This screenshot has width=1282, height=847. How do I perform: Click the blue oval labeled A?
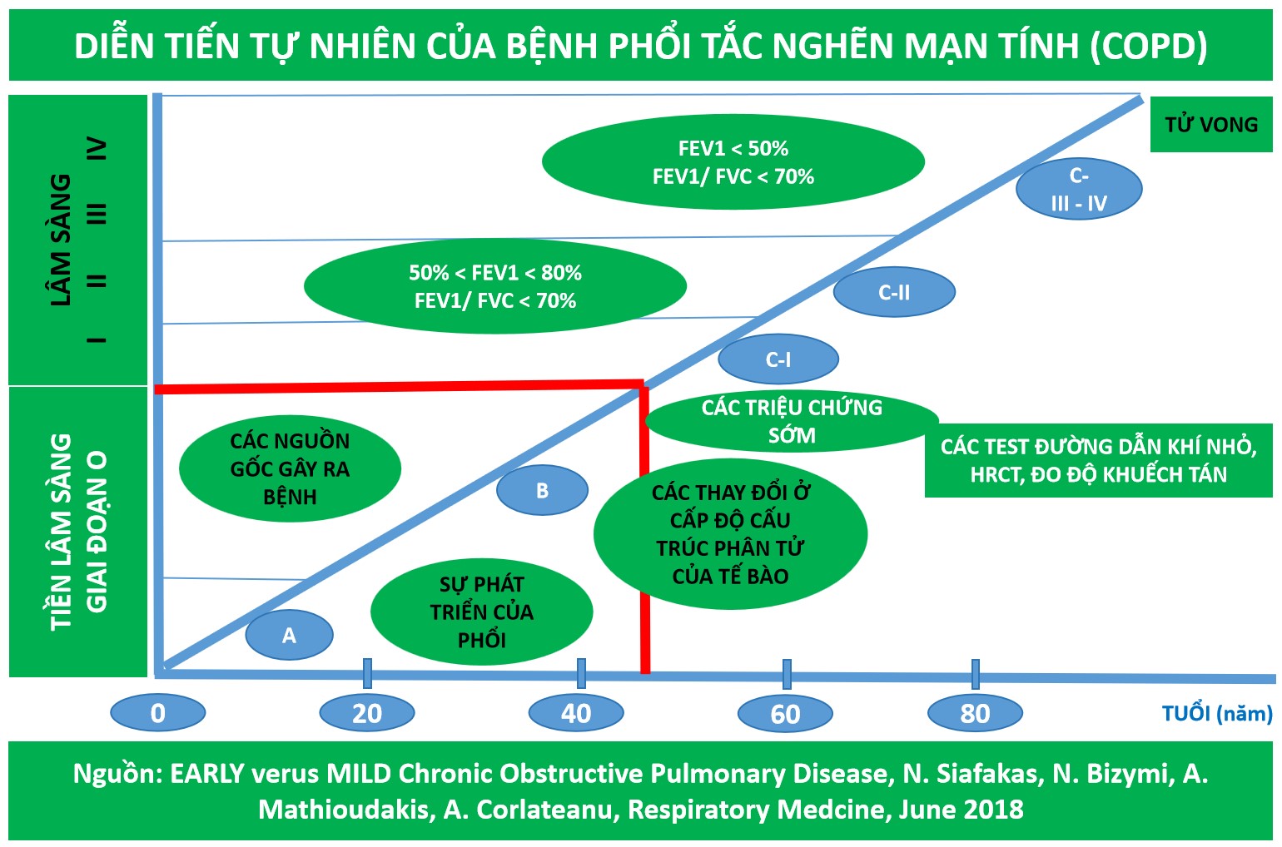(x=289, y=636)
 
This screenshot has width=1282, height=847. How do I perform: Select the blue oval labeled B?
(x=542, y=490)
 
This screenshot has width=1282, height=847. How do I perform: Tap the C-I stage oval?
(x=778, y=359)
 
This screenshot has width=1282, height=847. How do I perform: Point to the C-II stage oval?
(x=894, y=292)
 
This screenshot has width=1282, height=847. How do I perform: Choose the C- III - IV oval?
(x=1079, y=189)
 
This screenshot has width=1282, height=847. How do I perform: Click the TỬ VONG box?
(x=1211, y=125)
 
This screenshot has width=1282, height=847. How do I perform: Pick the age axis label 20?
(x=367, y=713)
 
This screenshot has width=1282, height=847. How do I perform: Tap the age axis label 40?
(x=576, y=713)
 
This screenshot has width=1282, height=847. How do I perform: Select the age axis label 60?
(x=785, y=714)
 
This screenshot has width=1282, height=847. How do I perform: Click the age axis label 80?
(x=975, y=713)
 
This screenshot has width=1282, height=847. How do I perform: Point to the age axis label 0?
(x=157, y=713)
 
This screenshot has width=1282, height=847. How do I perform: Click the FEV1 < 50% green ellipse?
(x=733, y=162)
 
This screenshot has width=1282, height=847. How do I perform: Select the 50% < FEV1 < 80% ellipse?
(x=495, y=286)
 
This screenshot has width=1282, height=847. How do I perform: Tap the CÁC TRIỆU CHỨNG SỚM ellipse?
(x=792, y=421)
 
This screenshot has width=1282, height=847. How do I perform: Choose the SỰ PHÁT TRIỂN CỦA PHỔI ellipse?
(x=481, y=612)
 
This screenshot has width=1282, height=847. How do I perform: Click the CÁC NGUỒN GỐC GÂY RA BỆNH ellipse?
(x=290, y=468)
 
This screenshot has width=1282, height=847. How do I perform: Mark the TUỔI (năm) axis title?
(x=1217, y=713)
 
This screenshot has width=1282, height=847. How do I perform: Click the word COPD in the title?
(x=1149, y=47)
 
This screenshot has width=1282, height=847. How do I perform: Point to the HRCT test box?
(x=1098, y=460)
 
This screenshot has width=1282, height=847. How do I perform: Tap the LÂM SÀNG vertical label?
(x=61, y=240)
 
